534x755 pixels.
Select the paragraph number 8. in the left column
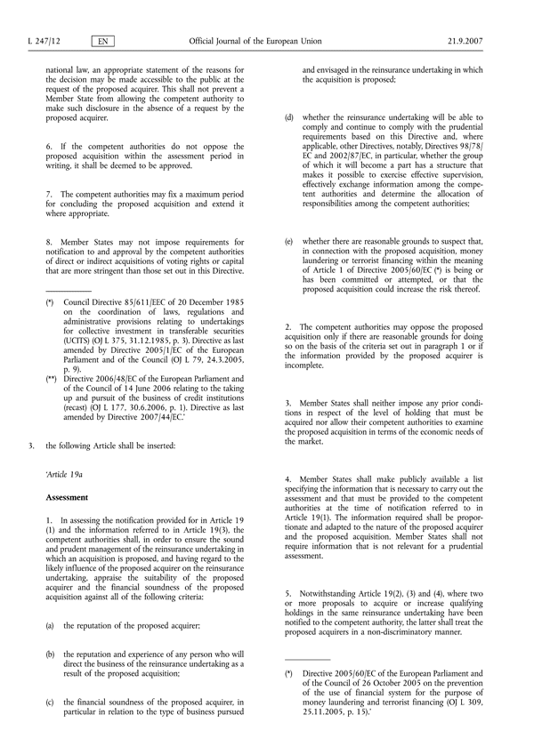click(49, 238)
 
